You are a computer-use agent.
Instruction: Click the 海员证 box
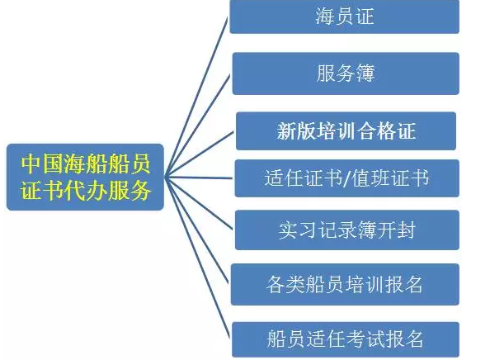tap(344, 17)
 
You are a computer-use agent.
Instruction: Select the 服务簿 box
tap(346, 73)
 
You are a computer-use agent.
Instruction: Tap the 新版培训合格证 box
tap(346, 131)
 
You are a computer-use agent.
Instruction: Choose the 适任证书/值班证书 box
tap(346, 178)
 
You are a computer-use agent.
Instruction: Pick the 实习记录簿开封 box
tap(346, 230)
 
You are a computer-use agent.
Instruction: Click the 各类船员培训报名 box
tap(345, 284)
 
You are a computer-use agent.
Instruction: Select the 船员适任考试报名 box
tap(346, 339)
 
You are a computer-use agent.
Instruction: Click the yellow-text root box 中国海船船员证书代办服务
tap(85, 177)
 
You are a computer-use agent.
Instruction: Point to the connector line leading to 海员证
tap(197, 97)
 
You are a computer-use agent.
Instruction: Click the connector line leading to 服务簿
tap(198, 126)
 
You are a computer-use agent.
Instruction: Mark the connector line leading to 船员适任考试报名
tap(197, 258)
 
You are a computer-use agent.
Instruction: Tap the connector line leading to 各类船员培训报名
tap(197, 231)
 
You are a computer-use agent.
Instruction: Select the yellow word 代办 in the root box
tap(85, 190)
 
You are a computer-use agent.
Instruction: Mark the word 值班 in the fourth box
tap(370, 178)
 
